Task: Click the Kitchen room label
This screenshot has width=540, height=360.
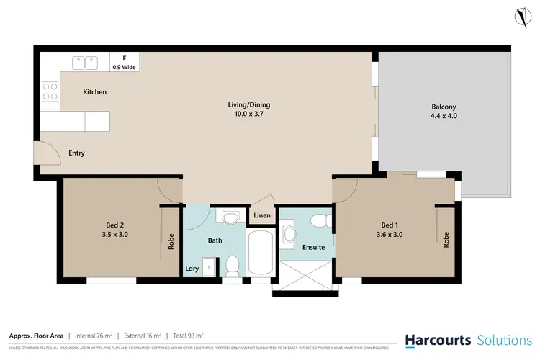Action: coord(94,92)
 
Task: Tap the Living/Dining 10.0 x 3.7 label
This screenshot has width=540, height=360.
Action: coord(249,109)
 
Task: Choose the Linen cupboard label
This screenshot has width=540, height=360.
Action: coord(261,215)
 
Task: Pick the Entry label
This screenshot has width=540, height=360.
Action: coord(77,153)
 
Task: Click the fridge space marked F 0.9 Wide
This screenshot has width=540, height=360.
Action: coord(125,63)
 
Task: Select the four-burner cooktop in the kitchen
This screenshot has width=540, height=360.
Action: coord(50,91)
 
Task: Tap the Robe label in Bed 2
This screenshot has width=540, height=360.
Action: coord(171,240)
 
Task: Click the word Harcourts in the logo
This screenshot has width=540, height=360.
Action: coord(437,340)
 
